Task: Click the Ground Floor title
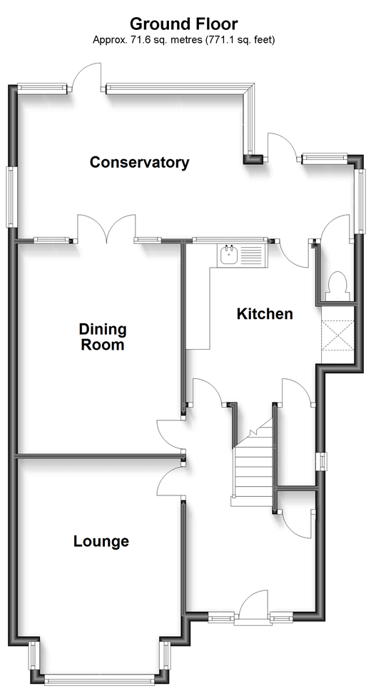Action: point(184,26)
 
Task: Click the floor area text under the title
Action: point(184,40)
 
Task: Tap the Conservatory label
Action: point(139,163)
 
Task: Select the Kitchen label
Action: point(265,314)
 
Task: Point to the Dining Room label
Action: point(102,338)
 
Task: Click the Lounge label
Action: point(101,541)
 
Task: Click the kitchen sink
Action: point(230,255)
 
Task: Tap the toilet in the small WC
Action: point(335,286)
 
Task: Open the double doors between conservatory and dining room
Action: point(106,230)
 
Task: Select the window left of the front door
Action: point(221,617)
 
